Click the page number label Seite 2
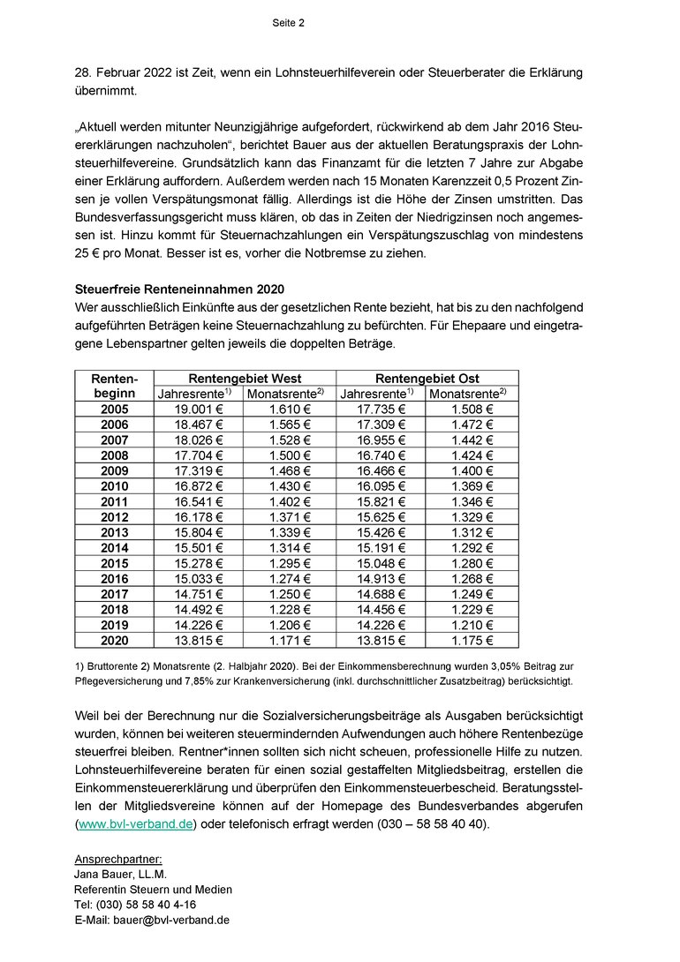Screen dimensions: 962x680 tap(289, 24)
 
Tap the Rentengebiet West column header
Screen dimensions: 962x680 tap(245, 378)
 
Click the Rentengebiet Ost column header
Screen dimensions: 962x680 tap(427, 378)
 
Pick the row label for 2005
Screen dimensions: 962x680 tap(115, 409)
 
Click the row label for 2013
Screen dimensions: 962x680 tap(115, 532)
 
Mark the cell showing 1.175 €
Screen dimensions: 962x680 tap(472, 640)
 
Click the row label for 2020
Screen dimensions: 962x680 tap(115, 640)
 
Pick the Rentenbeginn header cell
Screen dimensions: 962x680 tap(115, 386)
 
